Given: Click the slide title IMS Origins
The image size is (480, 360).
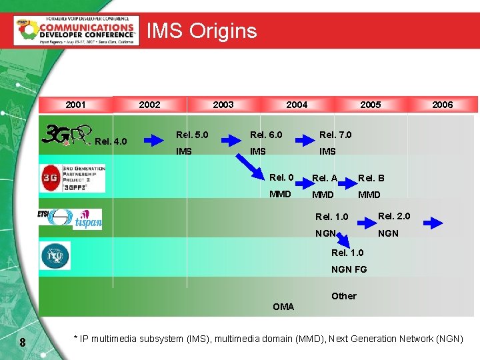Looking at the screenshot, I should [201, 31].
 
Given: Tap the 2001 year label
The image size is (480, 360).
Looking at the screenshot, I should [75, 105].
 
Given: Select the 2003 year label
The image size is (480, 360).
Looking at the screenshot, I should [223, 105].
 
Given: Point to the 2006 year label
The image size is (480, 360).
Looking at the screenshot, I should [442, 105].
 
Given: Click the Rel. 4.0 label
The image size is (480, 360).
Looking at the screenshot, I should [111, 141].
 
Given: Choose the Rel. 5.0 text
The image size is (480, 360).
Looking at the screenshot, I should [192, 135].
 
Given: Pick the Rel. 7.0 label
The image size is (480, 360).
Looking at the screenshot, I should [335, 135].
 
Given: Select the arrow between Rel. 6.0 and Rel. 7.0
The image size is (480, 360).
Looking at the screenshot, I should [305, 139].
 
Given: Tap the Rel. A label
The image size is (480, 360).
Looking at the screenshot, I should [325, 178].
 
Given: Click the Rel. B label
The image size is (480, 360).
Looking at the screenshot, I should [371, 178].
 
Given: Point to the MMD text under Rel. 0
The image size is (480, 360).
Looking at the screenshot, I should [280, 194].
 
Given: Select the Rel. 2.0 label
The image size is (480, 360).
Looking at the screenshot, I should [394, 216].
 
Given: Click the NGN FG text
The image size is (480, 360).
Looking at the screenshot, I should [350, 269].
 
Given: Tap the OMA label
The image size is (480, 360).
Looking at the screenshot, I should [283, 307].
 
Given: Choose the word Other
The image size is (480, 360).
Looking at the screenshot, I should [344, 296].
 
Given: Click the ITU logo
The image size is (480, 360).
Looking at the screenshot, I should [55, 255].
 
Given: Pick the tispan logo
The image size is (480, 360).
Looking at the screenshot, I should [87, 219].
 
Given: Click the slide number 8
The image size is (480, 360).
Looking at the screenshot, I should [23, 343].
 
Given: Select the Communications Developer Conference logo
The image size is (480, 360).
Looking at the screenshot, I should [76, 31].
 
